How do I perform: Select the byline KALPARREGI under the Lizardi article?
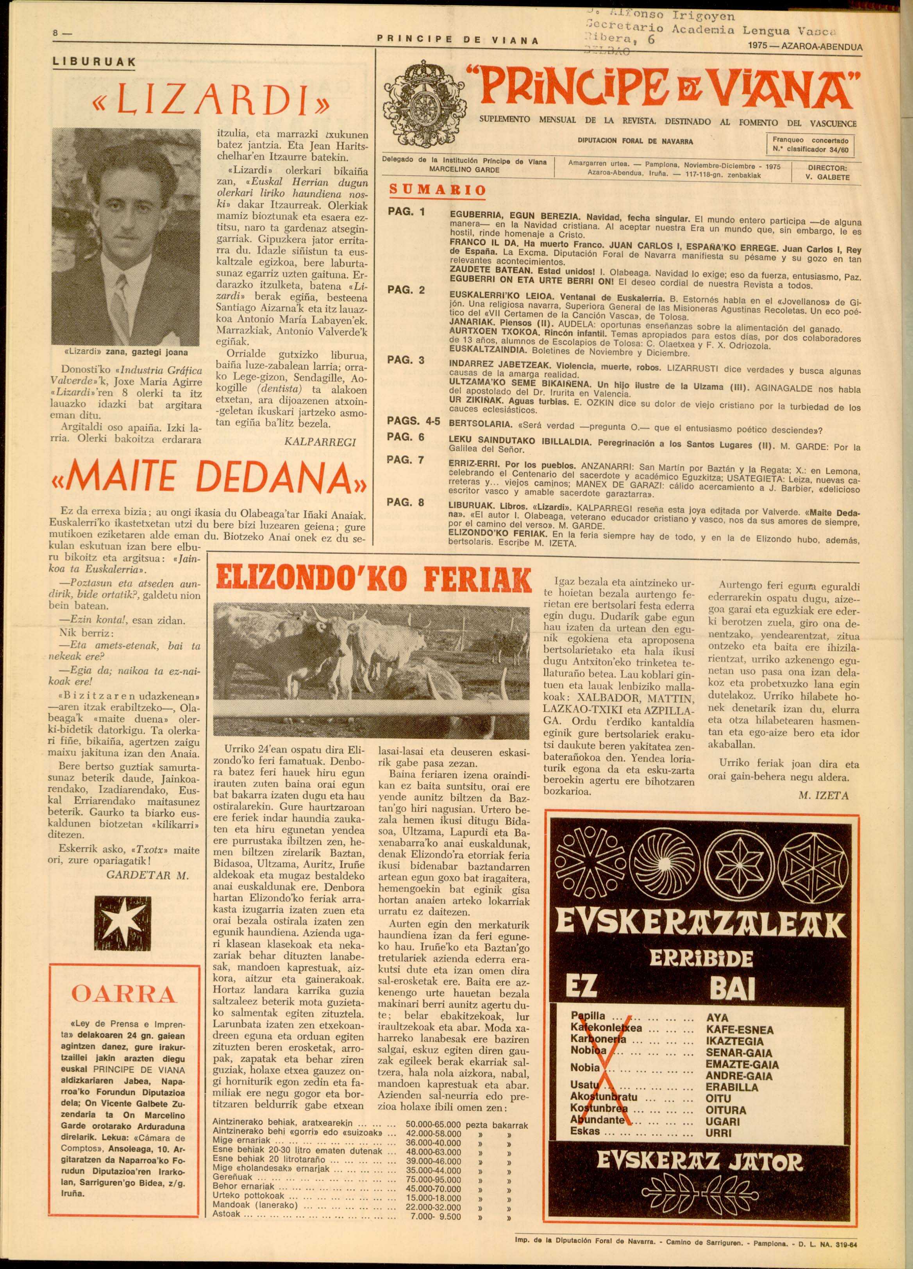point(320,442)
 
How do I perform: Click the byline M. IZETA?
point(824,795)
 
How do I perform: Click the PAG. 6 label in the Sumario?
point(406,437)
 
